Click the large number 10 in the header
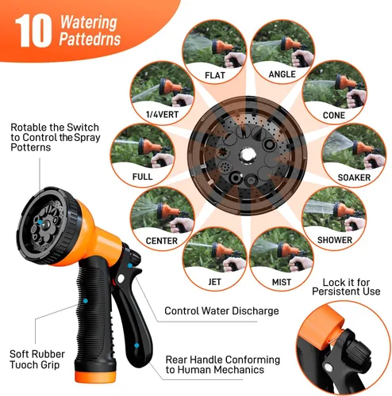tap(33, 31)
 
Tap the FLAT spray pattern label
tap(215, 75)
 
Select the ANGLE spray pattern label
tap(282, 74)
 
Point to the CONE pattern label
tap(334, 116)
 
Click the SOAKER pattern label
tap(354, 177)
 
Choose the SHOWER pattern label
tap(335, 240)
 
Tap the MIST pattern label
tap(282, 282)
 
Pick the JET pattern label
tap(214, 282)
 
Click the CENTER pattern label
tap(162, 241)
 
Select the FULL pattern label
tap(142, 177)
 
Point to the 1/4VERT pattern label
tap(162, 115)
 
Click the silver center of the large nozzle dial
tap(247, 155)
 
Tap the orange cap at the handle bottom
tap(95, 376)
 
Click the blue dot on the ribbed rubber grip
tap(85, 301)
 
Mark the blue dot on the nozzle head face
tap(40, 222)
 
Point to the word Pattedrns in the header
tap(90, 39)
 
